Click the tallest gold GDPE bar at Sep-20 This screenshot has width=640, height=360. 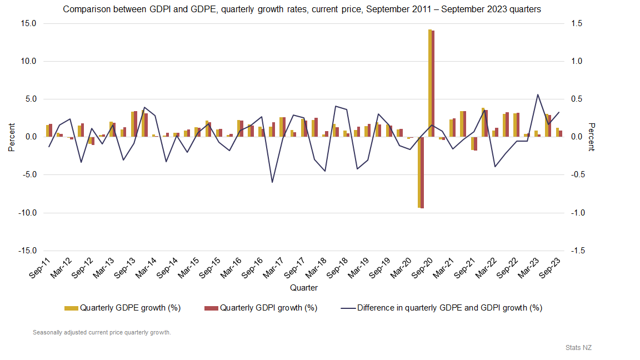(430, 83)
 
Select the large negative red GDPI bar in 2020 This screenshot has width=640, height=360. (422, 172)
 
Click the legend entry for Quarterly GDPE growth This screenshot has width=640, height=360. (123, 307)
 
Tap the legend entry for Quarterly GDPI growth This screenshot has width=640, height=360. (261, 307)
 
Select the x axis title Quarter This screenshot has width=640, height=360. (304, 288)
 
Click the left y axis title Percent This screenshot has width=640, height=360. (12, 137)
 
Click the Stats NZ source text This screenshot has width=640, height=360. (578, 347)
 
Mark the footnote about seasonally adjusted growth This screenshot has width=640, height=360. (102, 333)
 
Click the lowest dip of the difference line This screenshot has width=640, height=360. (272, 182)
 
